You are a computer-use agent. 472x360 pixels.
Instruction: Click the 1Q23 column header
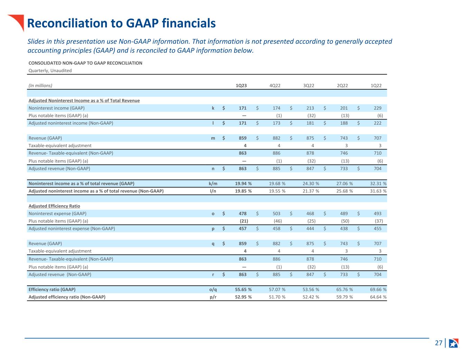click(241, 85)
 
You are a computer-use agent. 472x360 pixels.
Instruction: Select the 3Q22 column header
click(308, 85)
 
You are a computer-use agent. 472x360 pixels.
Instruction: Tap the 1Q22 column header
click(376, 85)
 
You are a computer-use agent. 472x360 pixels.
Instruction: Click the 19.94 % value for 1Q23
click(243, 183)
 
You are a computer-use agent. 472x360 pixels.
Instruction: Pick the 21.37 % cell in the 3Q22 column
click(311, 191)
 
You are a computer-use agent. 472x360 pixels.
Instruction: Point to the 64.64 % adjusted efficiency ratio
click(378, 297)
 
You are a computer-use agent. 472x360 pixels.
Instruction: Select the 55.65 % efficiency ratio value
click(243, 289)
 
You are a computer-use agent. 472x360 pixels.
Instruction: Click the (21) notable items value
click(244, 221)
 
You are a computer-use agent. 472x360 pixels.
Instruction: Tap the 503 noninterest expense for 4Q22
click(276, 214)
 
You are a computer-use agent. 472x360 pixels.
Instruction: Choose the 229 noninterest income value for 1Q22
click(377, 108)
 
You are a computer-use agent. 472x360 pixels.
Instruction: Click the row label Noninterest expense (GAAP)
click(57, 214)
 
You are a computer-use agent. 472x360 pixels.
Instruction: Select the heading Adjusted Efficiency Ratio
click(54, 206)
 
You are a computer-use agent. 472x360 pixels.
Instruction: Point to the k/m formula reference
click(213, 183)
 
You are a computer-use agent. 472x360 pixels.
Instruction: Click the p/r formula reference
click(213, 297)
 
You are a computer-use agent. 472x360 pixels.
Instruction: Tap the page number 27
click(438, 343)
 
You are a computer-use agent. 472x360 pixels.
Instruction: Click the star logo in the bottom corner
click(454, 343)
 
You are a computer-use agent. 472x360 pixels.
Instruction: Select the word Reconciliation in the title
click(67, 23)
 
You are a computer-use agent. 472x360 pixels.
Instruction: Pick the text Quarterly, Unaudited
click(50, 71)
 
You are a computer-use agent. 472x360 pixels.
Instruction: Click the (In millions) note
click(40, 85)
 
